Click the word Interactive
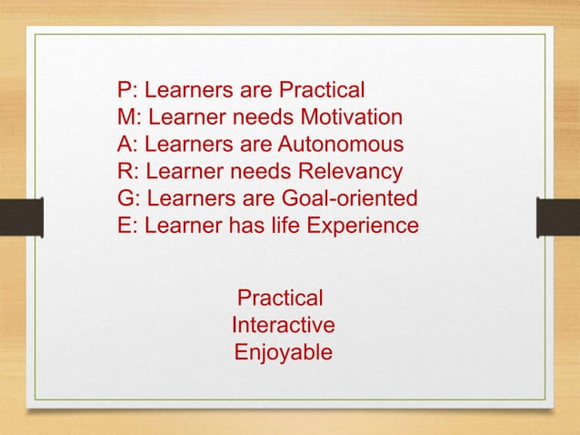point(285,325)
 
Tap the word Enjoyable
point(284,351)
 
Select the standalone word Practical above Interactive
point(279,298)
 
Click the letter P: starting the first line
point(126,92)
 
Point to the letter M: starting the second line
point(128,118)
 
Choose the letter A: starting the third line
point(126,145)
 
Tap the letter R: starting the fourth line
point(127,171)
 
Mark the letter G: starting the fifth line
point(128,197)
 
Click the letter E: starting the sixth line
point(126,224)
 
